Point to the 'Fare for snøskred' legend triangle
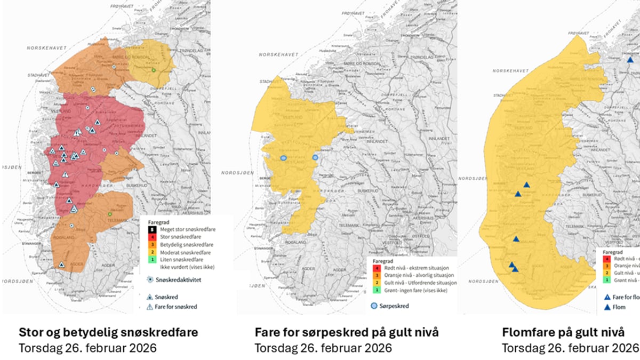coord(151,307)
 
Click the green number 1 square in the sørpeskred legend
coord(377,290)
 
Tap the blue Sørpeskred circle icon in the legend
coord(374,306)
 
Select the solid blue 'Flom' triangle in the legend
coord(607,308)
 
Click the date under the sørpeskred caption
coord(323,348)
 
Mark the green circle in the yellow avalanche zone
coord(154,70)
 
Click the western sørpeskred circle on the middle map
coord(284,158)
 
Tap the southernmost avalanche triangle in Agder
coord(62,265)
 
